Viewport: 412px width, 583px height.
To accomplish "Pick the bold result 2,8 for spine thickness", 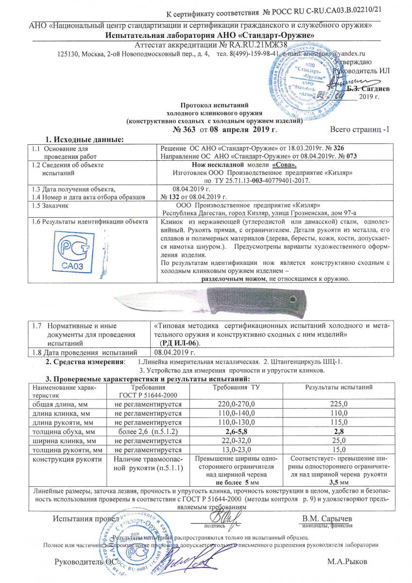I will tap(338, 431).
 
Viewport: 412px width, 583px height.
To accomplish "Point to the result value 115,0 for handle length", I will tap(338, 423).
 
